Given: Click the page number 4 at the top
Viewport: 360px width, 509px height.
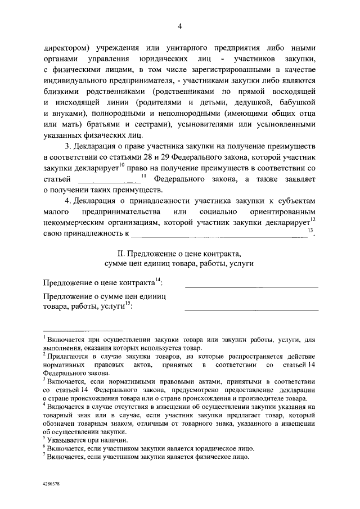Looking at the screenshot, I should pyautogui.click(x=180, y=26).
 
